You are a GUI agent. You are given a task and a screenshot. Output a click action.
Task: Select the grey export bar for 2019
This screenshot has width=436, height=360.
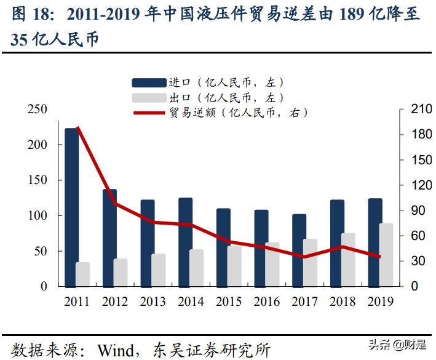click(x=386, y=255)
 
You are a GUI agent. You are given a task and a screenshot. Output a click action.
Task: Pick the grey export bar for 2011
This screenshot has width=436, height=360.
click(x=83, y=274)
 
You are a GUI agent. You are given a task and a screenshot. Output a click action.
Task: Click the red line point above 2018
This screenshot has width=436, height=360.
click(x=342, y=247)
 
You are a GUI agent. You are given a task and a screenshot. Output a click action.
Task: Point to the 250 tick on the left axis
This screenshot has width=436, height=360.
click(x=38, y=110)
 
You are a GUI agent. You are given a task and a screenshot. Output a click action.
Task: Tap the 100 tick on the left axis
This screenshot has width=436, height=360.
click(x=38, y=216)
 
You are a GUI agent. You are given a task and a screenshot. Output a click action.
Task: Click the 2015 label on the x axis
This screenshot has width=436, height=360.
click(x=228, y=302)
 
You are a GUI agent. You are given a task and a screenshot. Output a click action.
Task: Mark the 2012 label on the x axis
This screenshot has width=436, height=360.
click(x=115, y=302)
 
